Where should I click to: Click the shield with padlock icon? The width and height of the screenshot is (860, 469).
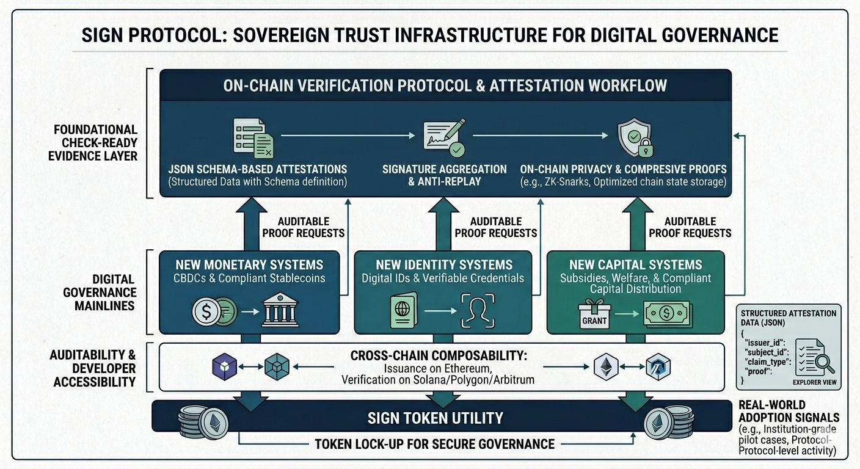point(632,137)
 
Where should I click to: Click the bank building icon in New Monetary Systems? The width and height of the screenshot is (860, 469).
point(280,312)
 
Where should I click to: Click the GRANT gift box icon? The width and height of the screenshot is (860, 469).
point(594,313)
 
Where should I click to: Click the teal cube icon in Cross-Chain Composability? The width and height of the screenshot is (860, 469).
point(277,367)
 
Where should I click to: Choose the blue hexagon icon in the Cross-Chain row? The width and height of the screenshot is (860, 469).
point(658,367)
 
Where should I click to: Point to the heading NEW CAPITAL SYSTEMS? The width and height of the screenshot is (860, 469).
point(635,265)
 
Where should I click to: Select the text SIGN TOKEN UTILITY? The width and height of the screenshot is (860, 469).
point(435,418)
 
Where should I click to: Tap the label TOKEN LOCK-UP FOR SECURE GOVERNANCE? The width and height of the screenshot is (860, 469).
point(434,444)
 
